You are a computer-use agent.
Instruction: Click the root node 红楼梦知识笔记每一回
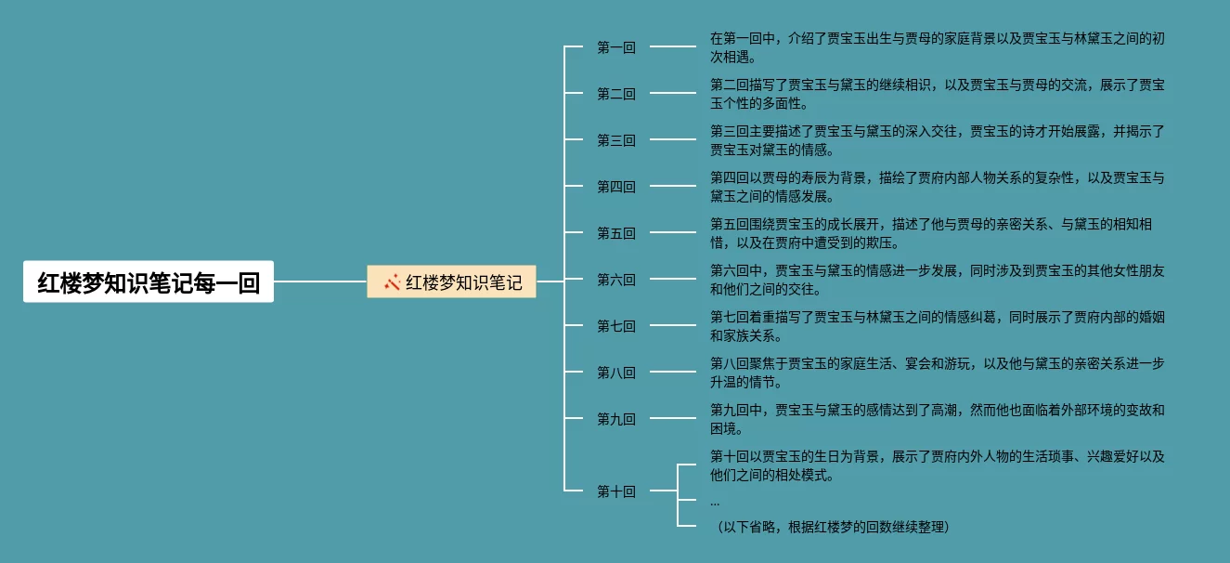tap(149, 281)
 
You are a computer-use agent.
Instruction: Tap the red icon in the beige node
tap(392, 281)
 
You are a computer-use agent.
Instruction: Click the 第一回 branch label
tap(615, 47)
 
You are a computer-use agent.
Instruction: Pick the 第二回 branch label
tap(615, 94)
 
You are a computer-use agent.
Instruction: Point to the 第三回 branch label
tap(615, 140)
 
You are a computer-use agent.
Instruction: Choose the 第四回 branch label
tap(615, 187)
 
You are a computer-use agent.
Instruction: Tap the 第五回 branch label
tap(615, 233)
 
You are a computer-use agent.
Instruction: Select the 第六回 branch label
tap(615, 280)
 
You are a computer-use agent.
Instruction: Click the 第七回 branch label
tap(615, 326)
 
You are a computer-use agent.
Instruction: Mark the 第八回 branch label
tap(615, 373)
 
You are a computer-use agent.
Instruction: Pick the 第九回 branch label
tap(615, 419)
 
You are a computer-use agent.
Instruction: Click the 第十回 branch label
tap(615, 491)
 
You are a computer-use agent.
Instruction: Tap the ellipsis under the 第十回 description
tap(715, 502)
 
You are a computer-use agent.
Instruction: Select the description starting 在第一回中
tap(937, 47)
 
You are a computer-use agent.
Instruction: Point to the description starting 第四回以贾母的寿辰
tap(937, 187)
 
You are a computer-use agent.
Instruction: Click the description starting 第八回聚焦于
tap(937, 373)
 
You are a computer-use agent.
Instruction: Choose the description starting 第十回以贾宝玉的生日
tap(937, 465)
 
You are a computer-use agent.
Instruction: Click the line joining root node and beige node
tap(320, 281)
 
